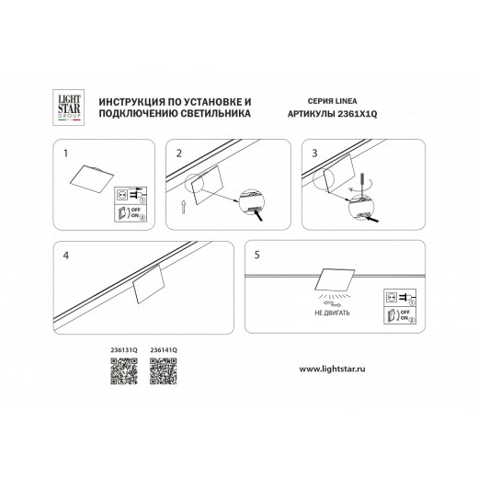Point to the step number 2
coord(180,153)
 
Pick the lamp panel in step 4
coord(149,288)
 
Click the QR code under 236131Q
coord(122,371)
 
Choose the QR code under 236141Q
coord(162,371)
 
